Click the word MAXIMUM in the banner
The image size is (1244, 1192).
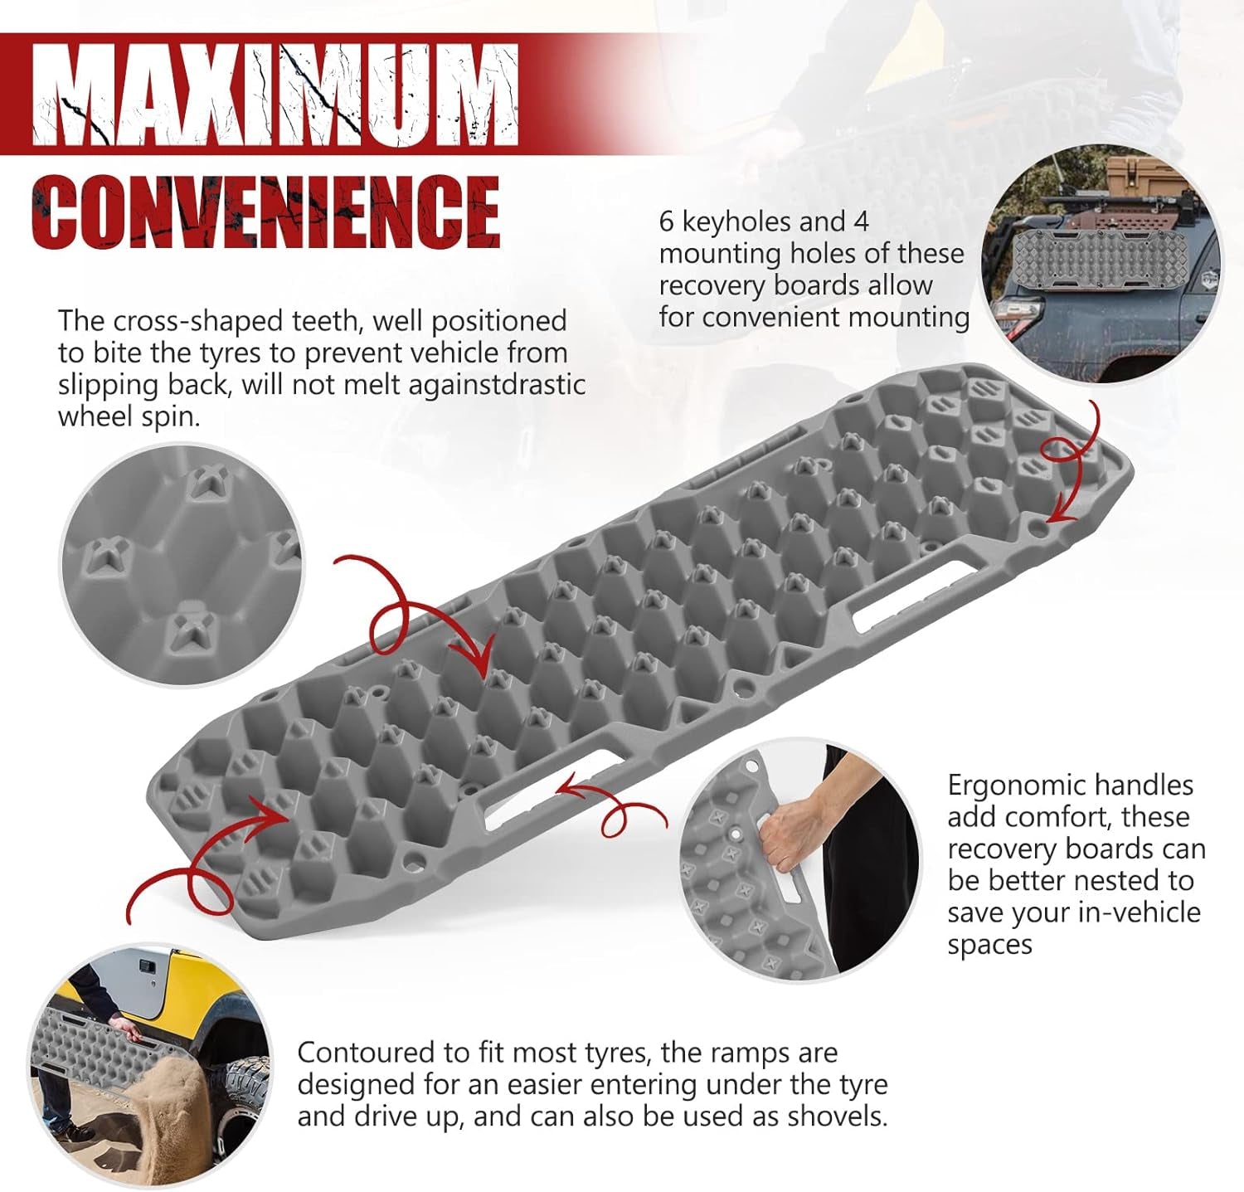pos(275,96)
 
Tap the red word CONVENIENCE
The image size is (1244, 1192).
pos(265,211)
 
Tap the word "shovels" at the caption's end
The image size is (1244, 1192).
pos(834,1117)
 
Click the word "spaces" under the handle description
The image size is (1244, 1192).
pos(989,946)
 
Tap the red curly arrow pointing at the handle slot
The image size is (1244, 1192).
pos(614,805)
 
